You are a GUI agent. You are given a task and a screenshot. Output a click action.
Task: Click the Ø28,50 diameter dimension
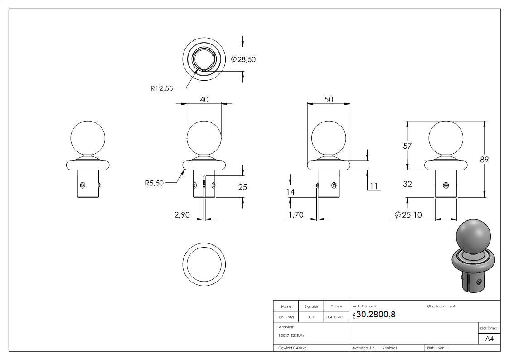(243, 59)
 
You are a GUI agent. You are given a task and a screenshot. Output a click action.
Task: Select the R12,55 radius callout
(162, 88)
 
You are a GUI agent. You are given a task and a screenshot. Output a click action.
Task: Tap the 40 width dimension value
(204, 100)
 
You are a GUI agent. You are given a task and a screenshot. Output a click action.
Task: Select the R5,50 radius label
(155, 183)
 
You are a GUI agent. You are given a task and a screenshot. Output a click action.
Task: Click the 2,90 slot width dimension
(182, 215)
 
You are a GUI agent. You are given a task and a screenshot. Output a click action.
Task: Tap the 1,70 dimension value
(295, 215)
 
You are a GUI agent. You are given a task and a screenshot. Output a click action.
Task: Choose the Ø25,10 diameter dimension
(408, 215)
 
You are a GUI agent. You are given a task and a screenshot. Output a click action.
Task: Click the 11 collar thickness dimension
(374, 186)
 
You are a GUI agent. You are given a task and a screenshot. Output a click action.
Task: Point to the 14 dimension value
(291, 192)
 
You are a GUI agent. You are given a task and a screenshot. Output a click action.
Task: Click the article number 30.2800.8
(376, 315)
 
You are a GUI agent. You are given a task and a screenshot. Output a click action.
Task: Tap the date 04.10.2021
(336, 317)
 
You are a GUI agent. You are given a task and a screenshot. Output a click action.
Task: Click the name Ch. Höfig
(286, 317)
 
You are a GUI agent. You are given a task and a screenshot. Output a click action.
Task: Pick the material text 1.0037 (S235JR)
(291, 336)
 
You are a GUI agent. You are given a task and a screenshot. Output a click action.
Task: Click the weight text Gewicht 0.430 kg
(292, 348)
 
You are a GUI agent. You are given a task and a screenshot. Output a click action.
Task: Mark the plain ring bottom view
(204, 263)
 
